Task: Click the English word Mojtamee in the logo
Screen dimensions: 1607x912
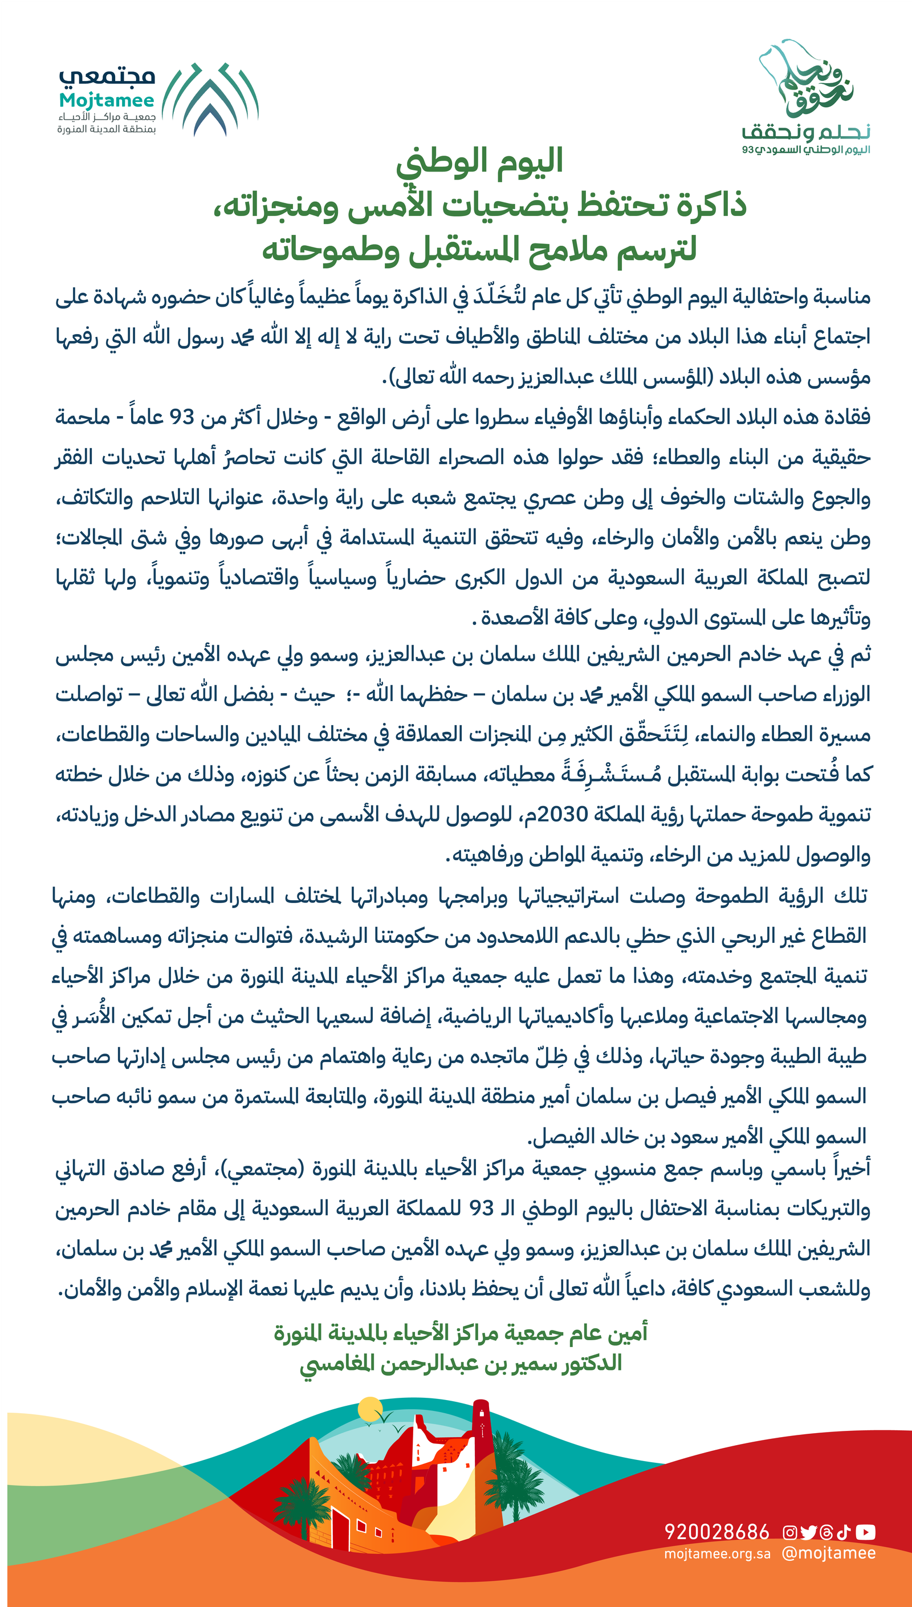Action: [x=107, y=100]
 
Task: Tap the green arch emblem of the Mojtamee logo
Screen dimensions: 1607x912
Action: [x=211, y=99]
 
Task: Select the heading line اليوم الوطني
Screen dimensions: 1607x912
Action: [x=480, y=161]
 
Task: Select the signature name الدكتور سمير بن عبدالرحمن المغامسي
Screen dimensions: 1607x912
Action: [x=461, y=1363]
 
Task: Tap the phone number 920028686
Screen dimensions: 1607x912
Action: [x=716, y=1532]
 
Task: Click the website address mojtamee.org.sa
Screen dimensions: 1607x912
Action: [x=717, y=1555]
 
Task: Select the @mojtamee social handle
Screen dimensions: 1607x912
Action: [x=828, y=1553]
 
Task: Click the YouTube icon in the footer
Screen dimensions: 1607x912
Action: [x=865, y=1532]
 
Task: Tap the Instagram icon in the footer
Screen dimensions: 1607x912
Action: [x=791, y=1532]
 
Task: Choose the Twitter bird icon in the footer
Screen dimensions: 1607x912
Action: [x=809, y=1532]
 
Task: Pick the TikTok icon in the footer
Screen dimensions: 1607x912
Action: [x=843, y=1532]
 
